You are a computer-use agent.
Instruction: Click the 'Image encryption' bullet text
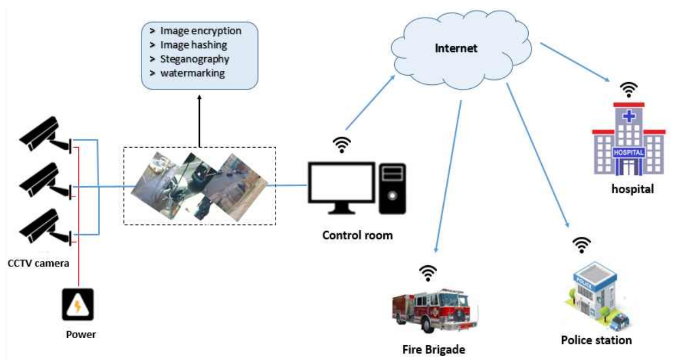point(200,31)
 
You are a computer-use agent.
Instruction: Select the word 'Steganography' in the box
point(194,59)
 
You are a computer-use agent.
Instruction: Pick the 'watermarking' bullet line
point(192,72)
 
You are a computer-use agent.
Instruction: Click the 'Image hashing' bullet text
point(193,45)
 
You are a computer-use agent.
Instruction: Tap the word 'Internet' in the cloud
point(456,48)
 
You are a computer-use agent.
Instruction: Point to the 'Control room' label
point(357,236)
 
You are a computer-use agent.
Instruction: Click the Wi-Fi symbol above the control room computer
point(342,144)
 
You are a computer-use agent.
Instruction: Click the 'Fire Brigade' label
point(434,349)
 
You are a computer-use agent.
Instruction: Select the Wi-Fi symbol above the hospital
point(630,89)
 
